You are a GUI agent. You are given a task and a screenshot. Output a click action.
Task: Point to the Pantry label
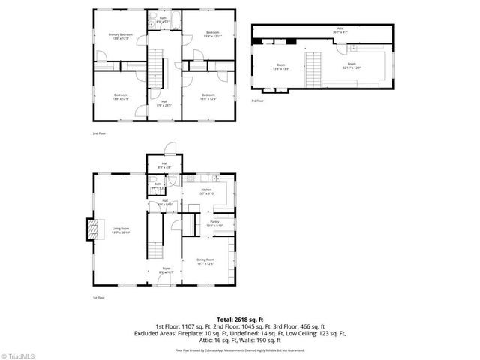click(214, 223)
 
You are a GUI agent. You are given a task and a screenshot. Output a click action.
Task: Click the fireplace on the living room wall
click(92, 229)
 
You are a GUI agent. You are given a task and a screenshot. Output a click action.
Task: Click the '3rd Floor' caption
click(256, 100)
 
